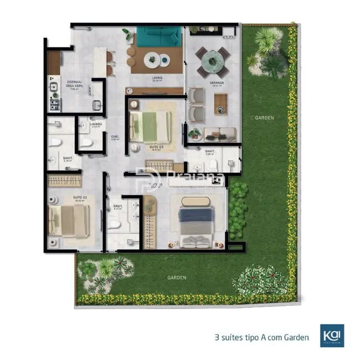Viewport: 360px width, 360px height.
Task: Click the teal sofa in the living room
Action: pos(159,38)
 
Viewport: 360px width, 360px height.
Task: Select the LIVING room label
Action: pos(158,78)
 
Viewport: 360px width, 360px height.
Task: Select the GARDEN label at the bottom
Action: pos(178,277)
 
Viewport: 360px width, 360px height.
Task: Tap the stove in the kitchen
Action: pos(55,103)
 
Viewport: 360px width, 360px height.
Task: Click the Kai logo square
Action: pos(332,336)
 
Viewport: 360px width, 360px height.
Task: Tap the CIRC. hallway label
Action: pos(116,136)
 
